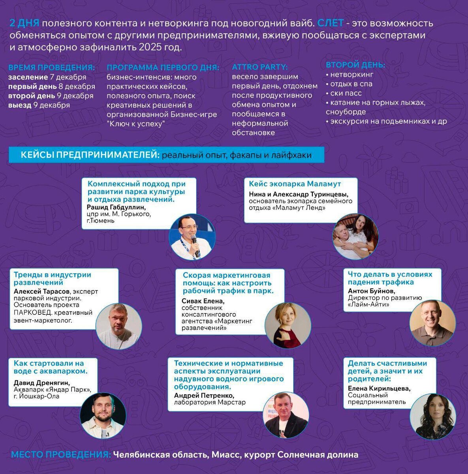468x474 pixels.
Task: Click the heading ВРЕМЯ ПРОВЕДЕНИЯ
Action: pos(51,67)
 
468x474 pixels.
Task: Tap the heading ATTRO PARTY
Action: pos(260,67)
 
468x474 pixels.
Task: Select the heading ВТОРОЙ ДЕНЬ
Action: pos(355,65)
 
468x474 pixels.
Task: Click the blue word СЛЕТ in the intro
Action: pos(330,23)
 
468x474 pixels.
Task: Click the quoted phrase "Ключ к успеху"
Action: pos(135,124)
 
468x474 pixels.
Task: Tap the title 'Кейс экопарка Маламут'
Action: pos(295,184)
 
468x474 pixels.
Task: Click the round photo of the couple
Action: pos(355,237)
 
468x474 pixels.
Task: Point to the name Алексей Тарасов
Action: pos(41,292)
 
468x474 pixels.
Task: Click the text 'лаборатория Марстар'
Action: pos(210,403)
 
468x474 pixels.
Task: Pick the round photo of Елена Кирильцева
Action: pos(433,417)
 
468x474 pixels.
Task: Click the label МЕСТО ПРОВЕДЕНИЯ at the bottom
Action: pos(61,455)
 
